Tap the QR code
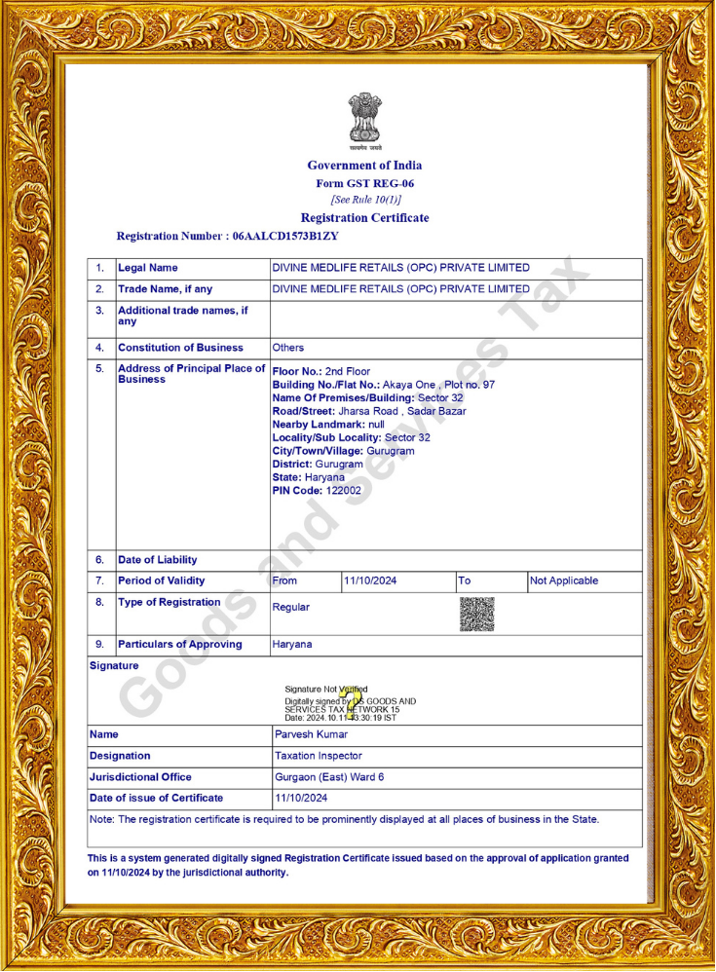click(x=476, y=614)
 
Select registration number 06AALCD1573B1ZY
click(x=285, y=236)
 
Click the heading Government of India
click(x=364, y=166)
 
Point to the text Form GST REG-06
click(x=364, y=183)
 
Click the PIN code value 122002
click(x=344, y=491)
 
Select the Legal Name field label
click(x=148, y=268)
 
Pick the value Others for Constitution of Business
click(x=288, y=348)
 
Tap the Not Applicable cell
click(x=564, y=581)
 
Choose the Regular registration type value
click(x=291, y=608)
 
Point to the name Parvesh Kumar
click(x=312, y=734)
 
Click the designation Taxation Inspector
click(x=319, y=756)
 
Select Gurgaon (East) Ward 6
click(x=329, y=777)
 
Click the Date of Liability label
click(x=158, y=560)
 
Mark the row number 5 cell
click(x=99, y=369)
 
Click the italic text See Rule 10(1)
click(x=364, y=200)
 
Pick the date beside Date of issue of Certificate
click(x=301, y=799)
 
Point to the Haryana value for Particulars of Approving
click(x=292, y=645)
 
